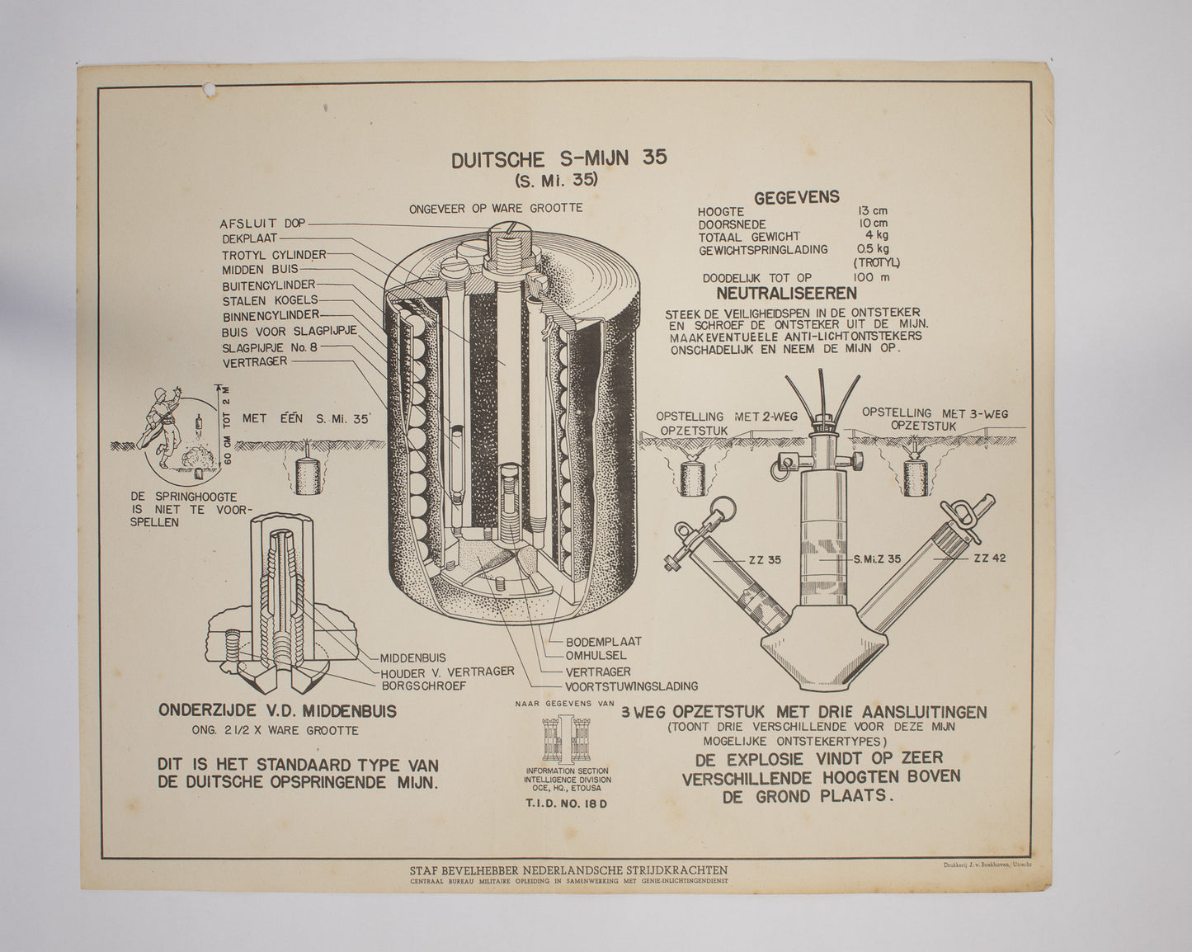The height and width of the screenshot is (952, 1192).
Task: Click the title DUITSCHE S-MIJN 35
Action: (x=558, y=159)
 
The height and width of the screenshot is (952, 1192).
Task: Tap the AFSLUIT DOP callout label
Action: (x=261, y=224)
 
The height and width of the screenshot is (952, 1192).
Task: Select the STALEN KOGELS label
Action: (x=270, y=300)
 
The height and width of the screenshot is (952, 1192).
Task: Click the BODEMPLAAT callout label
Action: (x=603, y=641)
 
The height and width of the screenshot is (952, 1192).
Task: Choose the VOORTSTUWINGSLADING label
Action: (x=631, y=686)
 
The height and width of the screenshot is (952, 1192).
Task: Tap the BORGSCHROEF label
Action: (x=424, y=685)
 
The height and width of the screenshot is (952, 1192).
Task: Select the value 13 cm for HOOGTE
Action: (x=872, y=211)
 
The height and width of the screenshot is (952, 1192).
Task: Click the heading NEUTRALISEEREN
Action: (x=786, y=293)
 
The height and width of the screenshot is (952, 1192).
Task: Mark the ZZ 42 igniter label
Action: (x=989, y=558)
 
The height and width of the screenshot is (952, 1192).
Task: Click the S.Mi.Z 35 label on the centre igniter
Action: (x=877, y=558)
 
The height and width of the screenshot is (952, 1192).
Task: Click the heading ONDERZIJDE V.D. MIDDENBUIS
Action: (x=276, y=710)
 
